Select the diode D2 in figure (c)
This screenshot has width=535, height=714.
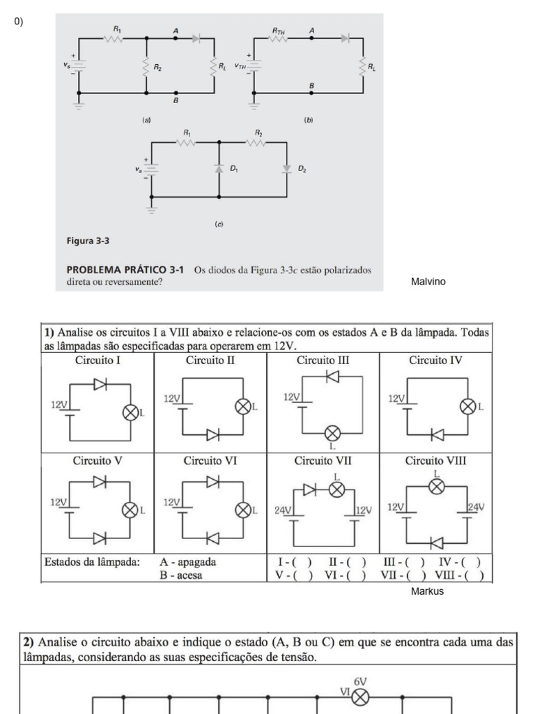tap(287, 168)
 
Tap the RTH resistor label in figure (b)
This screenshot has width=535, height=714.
tap(279, 31)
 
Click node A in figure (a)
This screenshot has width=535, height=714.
tap(176, 38)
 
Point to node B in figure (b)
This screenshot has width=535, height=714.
tap(311, 92)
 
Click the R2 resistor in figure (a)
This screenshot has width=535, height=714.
tap(146, 67)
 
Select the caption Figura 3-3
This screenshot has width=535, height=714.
tap(88, 241)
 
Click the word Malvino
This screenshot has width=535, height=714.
tap(428, 282)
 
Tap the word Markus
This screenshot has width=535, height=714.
tap(427, 591)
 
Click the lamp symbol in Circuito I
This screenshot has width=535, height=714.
tap(130, 413)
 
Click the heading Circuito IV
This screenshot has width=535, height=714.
tap(435, 360)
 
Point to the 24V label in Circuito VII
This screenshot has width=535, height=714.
tap(283, 510)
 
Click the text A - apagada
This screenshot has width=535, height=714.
tap(187, 562)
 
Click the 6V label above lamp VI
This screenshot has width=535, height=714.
tap(360, 681)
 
